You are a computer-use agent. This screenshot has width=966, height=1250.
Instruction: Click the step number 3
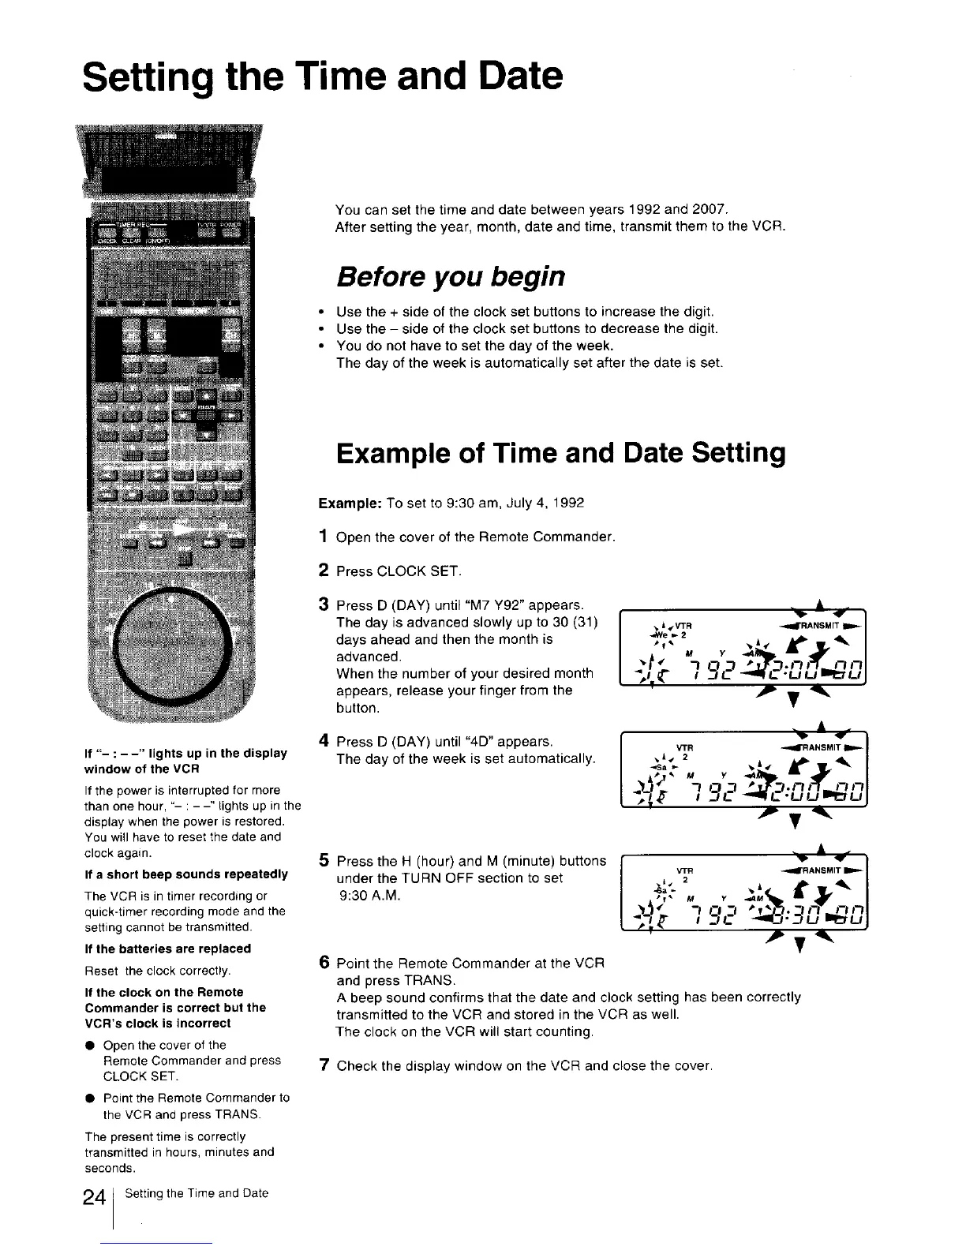[x=323, y=605]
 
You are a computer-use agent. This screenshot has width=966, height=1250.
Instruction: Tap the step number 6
[x=323, y=964]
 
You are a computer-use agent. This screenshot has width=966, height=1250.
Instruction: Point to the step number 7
[x=323, y=1066]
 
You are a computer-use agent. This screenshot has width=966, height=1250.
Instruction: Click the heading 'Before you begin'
[x=451, y=277]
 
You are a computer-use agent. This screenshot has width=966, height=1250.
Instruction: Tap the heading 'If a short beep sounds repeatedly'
[x=185, y=874]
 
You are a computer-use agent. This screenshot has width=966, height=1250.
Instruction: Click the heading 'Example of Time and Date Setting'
[x=560, y=454]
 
